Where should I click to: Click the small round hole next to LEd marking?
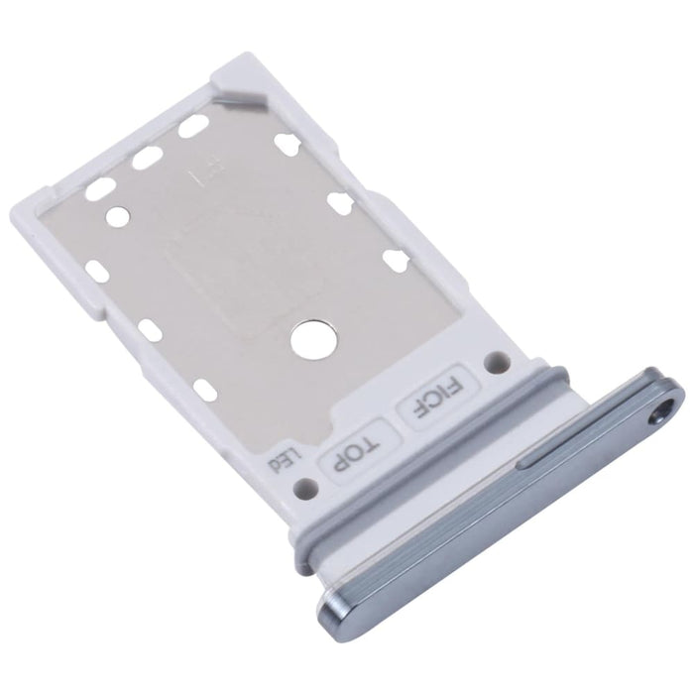pyautogui.click(x=307, y=487)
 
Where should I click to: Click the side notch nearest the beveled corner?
pyautogui.click(x=291, y=142)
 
